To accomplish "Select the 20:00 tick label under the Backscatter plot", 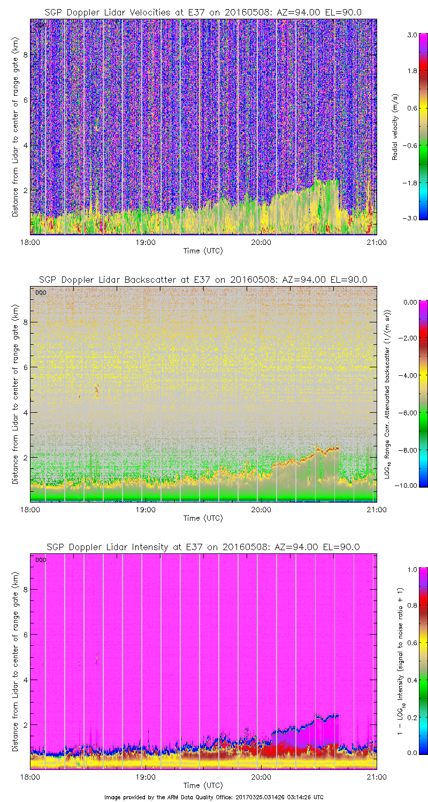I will [261, 509].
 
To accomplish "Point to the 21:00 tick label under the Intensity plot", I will [376, 776].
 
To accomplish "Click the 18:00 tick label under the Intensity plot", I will [30, 776].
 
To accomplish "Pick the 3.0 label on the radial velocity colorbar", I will [411, 34].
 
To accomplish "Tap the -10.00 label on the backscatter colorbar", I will [408, 485].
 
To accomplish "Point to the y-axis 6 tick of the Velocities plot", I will [25, 100].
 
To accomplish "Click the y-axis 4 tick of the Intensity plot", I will [25, 680].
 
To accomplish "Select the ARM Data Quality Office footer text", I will [214, 797].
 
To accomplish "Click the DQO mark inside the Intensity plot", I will [40, 560].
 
